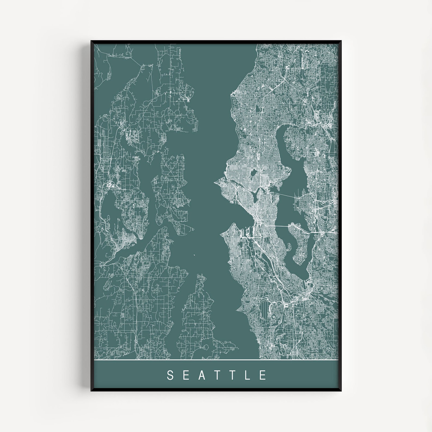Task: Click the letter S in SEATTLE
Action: point(170,375)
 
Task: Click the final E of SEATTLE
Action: point(263,375)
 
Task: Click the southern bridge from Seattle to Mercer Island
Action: point(280,226)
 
